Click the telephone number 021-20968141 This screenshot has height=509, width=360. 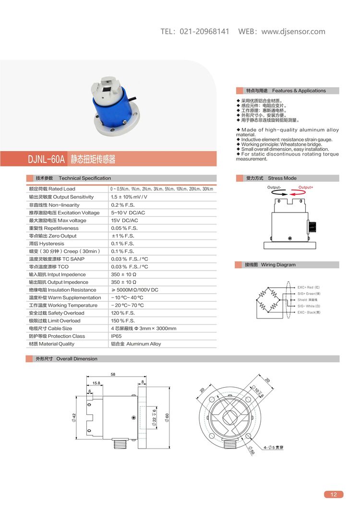coord(204,32)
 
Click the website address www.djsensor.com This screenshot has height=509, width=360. coord(293,32)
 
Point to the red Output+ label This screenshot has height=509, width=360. coord(306,187)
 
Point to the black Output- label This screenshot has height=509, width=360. coord(274,187)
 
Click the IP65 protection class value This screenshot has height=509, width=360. coord(117,336)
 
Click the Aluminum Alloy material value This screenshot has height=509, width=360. coord(136,343)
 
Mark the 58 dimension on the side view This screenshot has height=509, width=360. coord(113,374)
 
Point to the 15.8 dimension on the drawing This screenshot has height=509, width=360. coord(96,383)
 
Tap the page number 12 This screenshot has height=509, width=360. coord(334,495)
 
